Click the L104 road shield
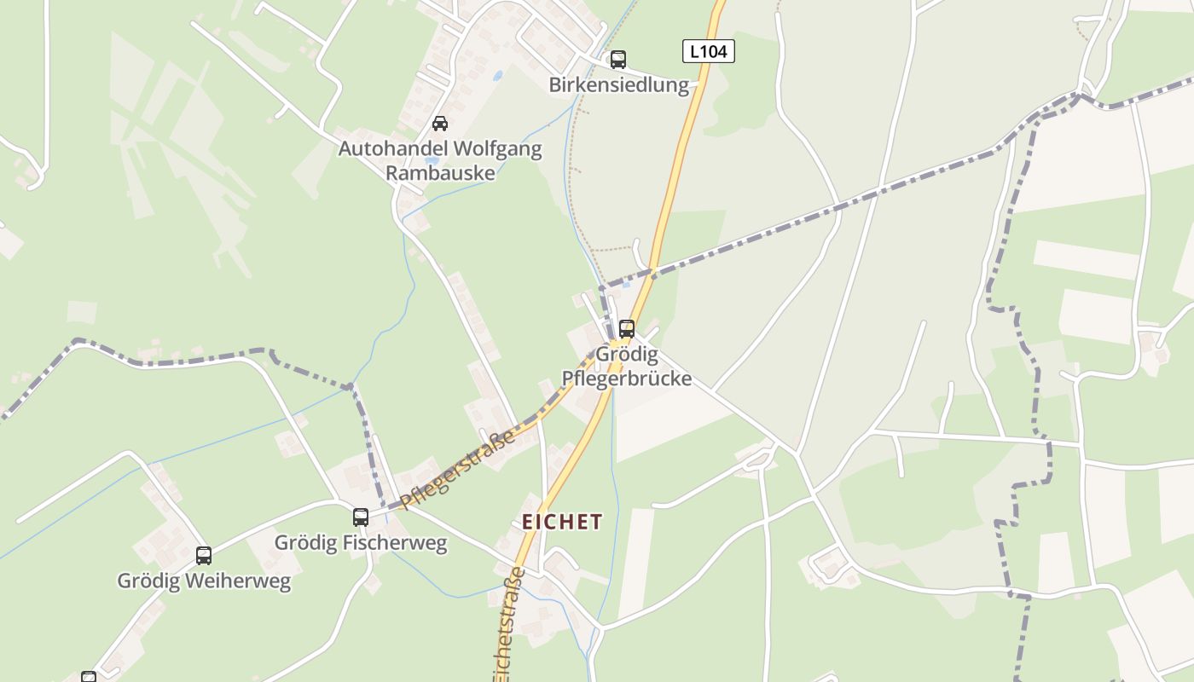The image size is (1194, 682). [x=708, y=51]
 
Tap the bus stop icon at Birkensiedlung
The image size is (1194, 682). [x=618, y=60]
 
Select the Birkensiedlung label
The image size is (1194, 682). [x=618, y=85]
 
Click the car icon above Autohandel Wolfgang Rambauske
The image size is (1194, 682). [x=440, y=124]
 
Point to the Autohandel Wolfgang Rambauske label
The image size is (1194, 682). [x=440, y=160]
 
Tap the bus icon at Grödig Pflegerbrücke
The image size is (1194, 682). [x=627, y=328]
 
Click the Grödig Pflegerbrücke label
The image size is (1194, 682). [x=627, y=366]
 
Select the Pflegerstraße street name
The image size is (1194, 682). [x=458, y=468]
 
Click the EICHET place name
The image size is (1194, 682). [x=562, y=522]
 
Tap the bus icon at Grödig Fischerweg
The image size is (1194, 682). [x=361, y=517]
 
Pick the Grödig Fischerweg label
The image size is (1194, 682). [x=361, y=543]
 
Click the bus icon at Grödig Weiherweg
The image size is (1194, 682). [x=204, y=556]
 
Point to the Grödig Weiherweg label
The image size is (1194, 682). [x=204, y=581]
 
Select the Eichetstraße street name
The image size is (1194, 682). [x=507, y=627]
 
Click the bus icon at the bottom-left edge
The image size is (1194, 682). [x=89, y=677]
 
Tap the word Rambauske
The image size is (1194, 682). [x=440, y=173]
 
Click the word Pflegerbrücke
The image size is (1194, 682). [x=627, y=378]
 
